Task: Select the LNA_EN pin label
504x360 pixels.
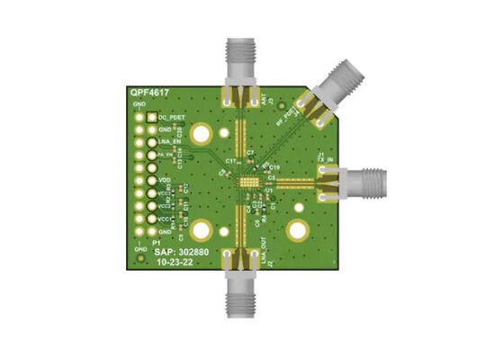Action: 167,142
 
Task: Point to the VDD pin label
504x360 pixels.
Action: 163,180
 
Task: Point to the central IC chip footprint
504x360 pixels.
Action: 247,182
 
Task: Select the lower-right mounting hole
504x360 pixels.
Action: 298,233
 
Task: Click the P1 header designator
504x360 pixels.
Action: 155,244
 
